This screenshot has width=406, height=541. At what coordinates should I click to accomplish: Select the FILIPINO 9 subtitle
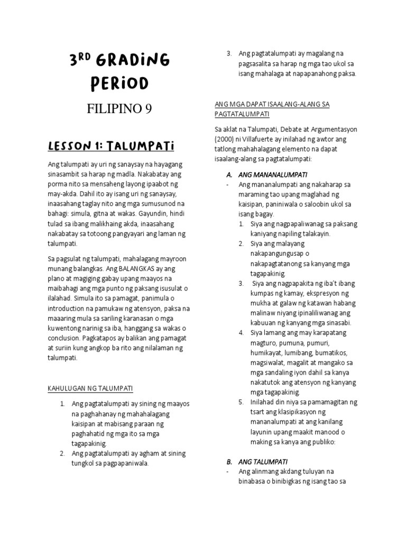pyautogui.click(x=119, y=109)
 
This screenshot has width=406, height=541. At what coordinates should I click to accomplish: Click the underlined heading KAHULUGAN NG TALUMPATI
pyautogui.click(x=90, y=388)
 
